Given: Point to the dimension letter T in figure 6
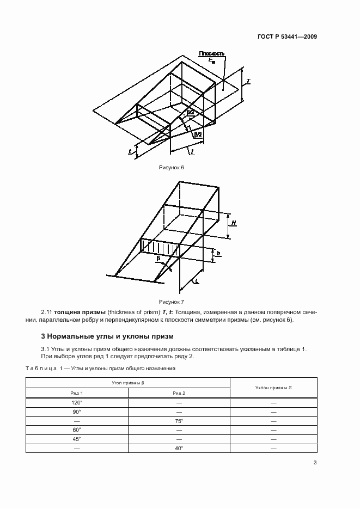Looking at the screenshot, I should [248, 81].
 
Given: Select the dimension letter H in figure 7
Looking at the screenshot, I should [233, 223].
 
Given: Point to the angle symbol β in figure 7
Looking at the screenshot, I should [158, 260].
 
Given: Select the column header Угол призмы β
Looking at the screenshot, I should [128, 383].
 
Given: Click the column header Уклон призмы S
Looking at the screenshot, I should [273, 388].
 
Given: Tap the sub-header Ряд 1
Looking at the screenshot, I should [77, 393].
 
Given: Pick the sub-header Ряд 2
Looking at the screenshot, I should [179, 393].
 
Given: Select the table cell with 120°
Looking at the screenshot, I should [77, 402].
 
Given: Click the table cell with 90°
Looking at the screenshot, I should [77, 412].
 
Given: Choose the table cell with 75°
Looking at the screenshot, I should [179, 421].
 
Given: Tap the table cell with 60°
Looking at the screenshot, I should [77, 430].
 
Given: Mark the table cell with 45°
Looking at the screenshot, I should [77, 439].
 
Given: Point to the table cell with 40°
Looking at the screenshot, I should [179, 448].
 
